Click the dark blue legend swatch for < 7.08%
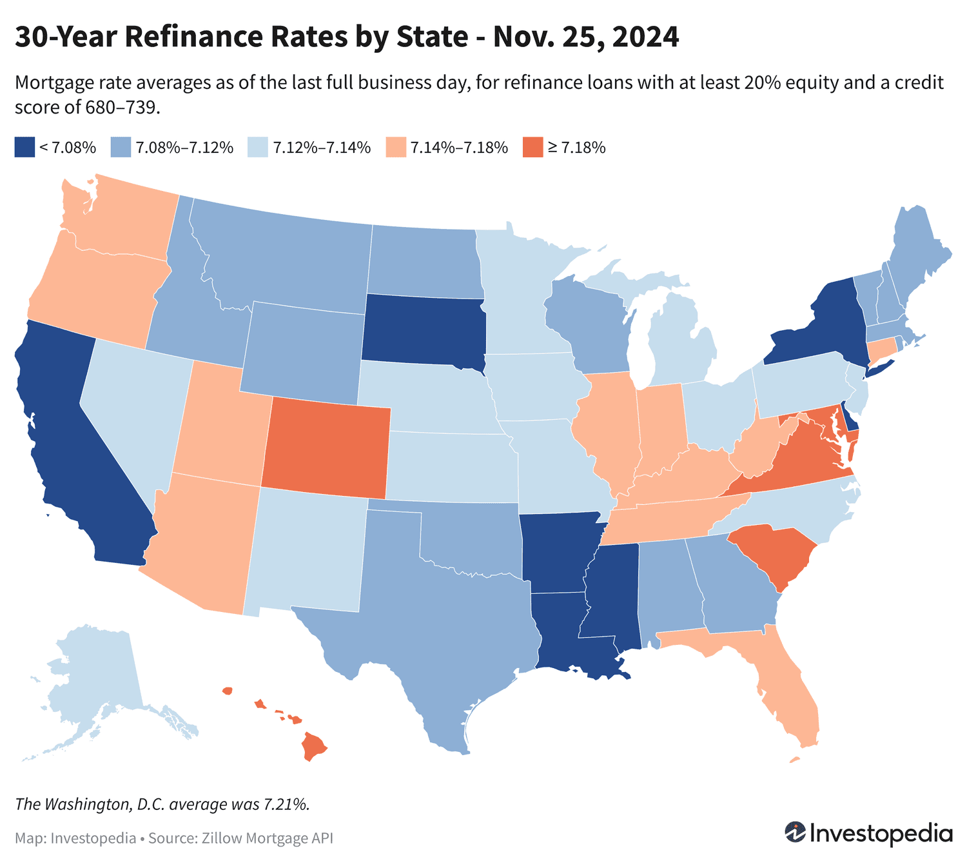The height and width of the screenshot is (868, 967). [24, 147]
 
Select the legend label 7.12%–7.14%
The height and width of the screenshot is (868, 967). [322, 148]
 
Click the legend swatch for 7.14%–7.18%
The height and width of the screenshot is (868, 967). [395, 147]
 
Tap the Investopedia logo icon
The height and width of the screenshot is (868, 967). [795, 832]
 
